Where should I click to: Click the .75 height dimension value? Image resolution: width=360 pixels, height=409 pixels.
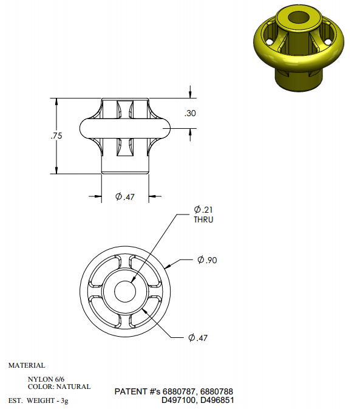[x=56, y=136]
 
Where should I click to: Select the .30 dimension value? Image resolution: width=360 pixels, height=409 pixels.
[x=190, y=113]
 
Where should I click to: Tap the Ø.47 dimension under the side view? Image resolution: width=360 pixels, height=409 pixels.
[x=125, y=196]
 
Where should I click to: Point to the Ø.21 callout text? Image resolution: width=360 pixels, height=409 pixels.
[x=203, y=210]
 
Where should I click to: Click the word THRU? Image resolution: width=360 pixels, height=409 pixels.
[x=203, y=219]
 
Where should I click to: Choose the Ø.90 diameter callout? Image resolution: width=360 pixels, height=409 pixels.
[x=207, y=260]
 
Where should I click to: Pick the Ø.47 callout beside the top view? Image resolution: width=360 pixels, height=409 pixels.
[x=198, y=338]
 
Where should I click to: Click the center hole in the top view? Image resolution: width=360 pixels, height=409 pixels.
[x=125, y=292]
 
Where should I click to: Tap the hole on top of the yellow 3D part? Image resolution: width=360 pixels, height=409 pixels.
[x=299, y=18]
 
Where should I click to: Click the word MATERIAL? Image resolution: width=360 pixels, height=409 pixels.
[x=27, y=365]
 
